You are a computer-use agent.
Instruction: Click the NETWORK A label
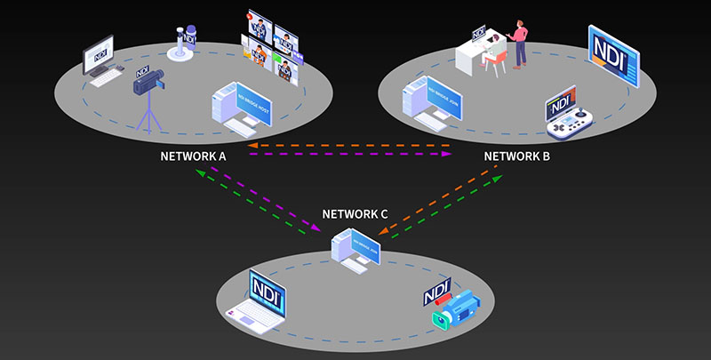(x=194, y=156)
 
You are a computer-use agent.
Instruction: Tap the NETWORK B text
(x=517, y=156)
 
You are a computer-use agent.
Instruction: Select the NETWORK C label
(x=355, y=214)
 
